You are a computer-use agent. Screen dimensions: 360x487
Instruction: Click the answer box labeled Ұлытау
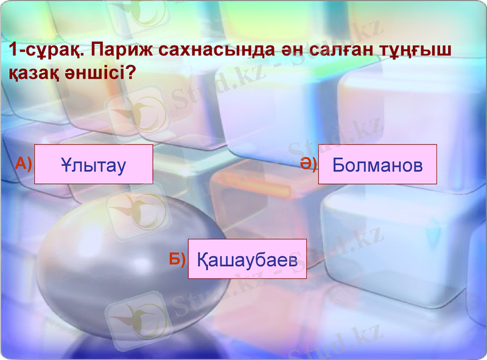[x=93, y=164]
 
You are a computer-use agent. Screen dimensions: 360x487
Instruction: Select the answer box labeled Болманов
[x=377, y=164]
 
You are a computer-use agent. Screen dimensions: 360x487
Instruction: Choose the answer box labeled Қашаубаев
[x=247, y=259]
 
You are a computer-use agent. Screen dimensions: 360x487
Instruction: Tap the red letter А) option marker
[x=23, y=163]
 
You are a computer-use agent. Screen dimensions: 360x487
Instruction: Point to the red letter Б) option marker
[x=177, y=259]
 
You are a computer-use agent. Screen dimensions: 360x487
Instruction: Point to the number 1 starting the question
[x=13, y=51]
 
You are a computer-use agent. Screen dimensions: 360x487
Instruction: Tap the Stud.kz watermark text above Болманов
[x=335, y=131]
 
